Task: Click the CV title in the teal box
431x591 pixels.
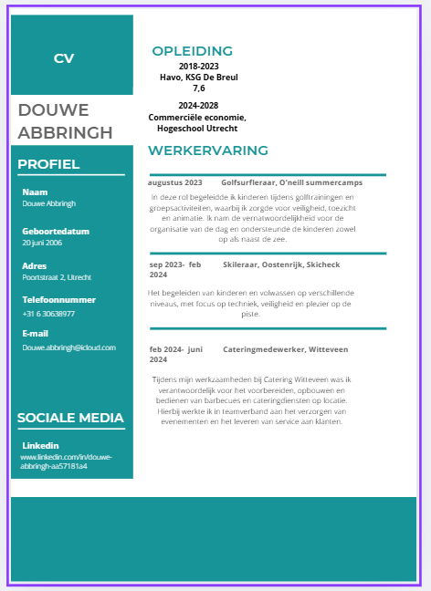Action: [64, 58]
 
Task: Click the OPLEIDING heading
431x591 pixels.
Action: [193, 51]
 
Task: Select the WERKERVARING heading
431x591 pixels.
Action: [208, 150]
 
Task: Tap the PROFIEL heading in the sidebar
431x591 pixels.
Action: [48, 164]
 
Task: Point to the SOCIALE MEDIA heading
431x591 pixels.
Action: [70, 419]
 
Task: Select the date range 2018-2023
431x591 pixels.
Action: [199, 67]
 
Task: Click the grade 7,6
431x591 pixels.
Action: [199, 88]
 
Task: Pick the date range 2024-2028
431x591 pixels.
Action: [198, 106]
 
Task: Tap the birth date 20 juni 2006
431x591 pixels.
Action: [42, 243]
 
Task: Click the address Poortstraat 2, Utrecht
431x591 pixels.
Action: [57, 276]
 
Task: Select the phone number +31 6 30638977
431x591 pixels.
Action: [48, 314]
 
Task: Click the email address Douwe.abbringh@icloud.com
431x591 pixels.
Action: [69, 347]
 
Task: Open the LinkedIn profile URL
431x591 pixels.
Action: [66, 461]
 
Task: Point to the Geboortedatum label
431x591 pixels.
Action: [56, 232]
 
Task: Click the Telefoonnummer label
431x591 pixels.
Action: [58, 299]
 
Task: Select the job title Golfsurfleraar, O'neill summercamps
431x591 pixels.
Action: [291, 183]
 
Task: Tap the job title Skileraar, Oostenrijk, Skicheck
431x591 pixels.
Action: [281, 264]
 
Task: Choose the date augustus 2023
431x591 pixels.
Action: [175, 183]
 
